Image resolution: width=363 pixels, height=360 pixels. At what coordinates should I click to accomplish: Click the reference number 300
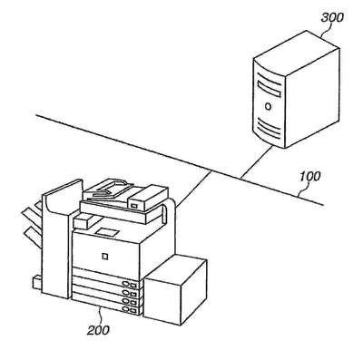point(332,17)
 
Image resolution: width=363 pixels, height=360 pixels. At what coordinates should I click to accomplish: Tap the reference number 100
point(309,177)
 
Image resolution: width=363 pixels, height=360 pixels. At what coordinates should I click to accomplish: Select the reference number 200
point(98,330)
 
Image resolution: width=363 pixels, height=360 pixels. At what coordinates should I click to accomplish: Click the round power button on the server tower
point(268,106)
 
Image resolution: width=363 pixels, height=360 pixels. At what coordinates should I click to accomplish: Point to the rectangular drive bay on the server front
point(269,89)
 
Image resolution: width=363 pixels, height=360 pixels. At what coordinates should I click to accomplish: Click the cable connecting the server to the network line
point(257,161)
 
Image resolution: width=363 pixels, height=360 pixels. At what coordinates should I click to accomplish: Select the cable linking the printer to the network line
point(193,188)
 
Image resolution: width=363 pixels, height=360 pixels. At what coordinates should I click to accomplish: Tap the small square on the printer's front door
point(104,257)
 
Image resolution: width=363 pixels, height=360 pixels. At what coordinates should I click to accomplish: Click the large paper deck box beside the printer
point(175,290)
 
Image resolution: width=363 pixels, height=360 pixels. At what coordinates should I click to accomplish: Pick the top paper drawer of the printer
point(107,276)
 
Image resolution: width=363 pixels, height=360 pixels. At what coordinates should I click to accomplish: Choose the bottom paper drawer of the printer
point(107,305)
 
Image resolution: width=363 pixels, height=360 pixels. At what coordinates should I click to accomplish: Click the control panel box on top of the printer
point(148,199)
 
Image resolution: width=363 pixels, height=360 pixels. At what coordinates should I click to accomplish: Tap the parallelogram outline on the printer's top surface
point(107,231)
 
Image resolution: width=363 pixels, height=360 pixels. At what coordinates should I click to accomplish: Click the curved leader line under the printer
point(101,316)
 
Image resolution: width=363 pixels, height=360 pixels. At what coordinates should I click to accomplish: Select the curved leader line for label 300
point(326,30)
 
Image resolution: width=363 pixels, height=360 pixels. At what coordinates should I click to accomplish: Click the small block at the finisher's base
point(37,283)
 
